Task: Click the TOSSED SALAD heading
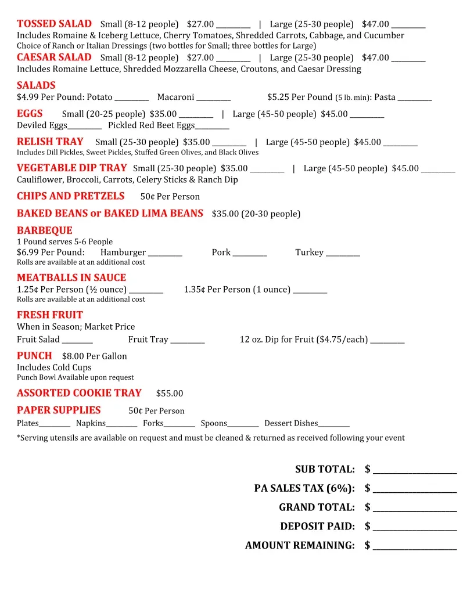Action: click(x=54, y=24)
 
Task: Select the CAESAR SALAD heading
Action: click(x=54, y=57)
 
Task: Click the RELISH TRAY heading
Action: click(x=50, y=142)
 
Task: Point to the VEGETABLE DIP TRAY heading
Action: click(x=71, y=168)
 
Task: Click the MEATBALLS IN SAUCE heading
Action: click(x=71, y=277)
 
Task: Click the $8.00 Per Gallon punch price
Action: click(x=94, y=356)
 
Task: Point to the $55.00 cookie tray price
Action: click(x=170, y=394)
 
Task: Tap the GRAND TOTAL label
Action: click(x=317, y=507)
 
